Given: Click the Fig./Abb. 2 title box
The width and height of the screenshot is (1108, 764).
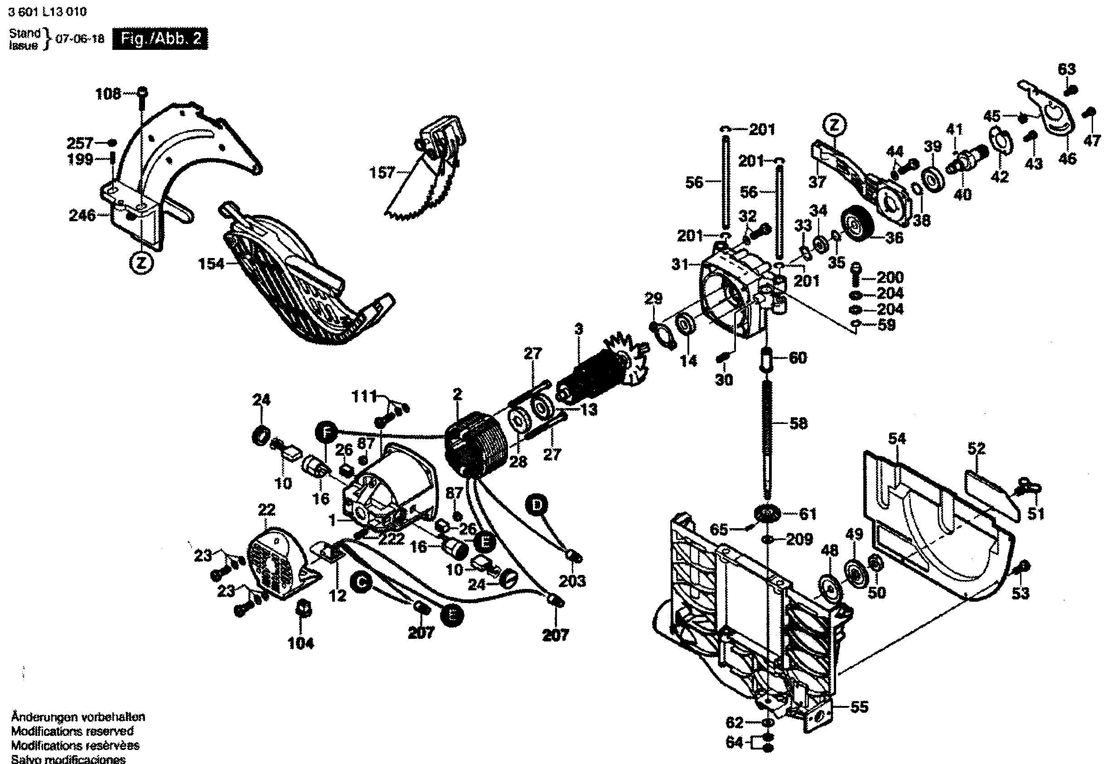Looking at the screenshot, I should coord(160,39).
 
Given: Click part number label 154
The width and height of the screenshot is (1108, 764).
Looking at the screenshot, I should coord(211,264).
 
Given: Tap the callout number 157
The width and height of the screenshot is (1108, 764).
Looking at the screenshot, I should coord(381,172).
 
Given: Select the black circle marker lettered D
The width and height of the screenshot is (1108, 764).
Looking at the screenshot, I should coord(537,506).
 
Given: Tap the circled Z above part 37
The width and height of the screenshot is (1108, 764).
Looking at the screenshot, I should coord(834,126).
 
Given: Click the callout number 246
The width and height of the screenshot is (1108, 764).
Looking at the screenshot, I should coord(82,215).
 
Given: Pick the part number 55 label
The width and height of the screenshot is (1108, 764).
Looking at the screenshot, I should coord(859,706).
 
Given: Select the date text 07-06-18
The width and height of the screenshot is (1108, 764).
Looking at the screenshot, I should coord(80,39).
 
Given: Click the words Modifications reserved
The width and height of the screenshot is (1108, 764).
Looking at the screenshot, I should coord(72,731).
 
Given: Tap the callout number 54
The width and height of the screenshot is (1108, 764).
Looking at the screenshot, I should coord(897,438).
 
